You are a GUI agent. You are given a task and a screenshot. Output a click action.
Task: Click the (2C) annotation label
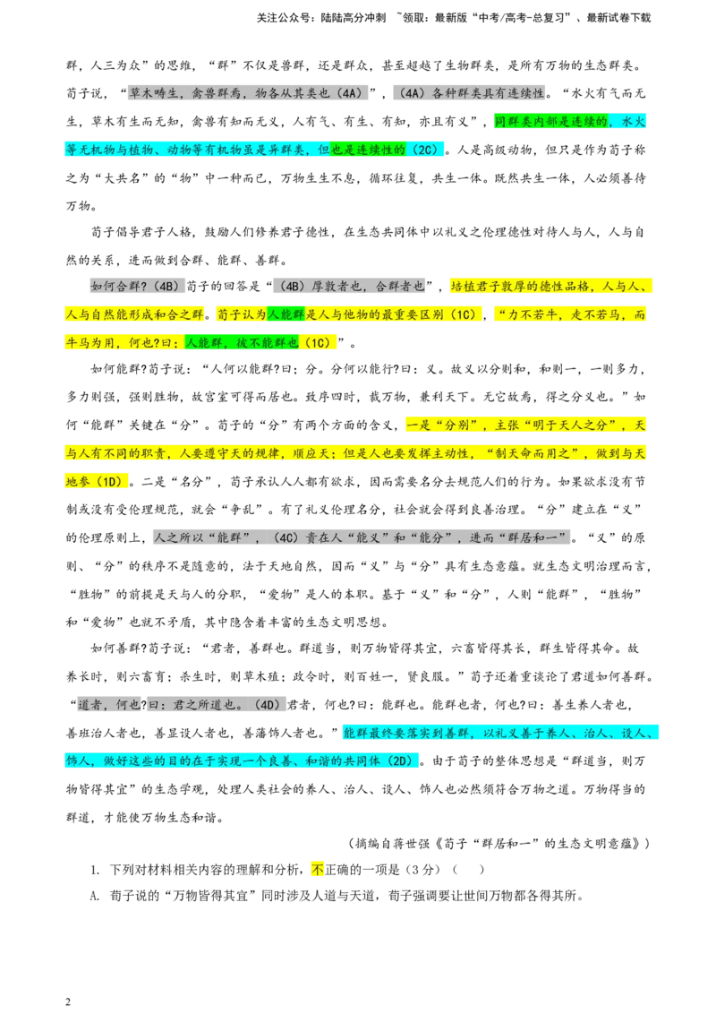[425, 150]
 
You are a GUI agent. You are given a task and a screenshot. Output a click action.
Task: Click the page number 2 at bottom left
[68, 1001]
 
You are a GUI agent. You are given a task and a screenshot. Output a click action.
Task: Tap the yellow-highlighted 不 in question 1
[318, 870]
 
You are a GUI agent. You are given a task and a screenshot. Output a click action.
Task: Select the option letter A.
[94, 897]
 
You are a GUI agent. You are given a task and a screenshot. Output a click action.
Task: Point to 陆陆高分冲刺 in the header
[353, 18]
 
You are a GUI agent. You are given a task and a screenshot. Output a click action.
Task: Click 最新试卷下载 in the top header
[618, 18]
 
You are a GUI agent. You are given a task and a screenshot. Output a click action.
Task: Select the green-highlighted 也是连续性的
[369, 150]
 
